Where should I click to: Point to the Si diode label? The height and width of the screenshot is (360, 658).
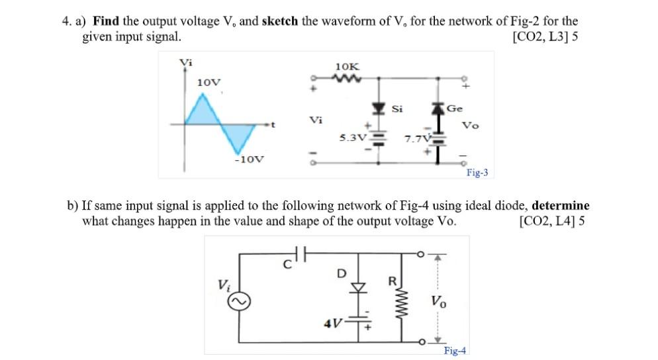[x=397, y=109]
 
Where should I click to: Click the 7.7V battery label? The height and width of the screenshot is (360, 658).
[x=417, y=139]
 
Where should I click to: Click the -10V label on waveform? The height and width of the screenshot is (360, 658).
[x=250, y=159]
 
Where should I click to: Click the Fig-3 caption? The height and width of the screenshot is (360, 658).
[x=477, y=173]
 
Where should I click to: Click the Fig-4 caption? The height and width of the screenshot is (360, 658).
[x=455, y=350]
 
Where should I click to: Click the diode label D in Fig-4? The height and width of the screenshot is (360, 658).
[x=342, y=272]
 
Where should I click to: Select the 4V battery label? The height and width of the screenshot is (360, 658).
[x=332, y=324]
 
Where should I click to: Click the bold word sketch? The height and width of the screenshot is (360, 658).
[x=280, y=21]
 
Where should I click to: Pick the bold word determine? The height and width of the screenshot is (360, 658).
[x=560, y=206]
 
